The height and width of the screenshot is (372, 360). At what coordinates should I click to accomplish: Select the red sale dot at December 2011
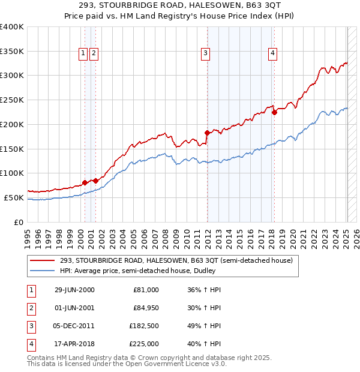[x=207, y=133]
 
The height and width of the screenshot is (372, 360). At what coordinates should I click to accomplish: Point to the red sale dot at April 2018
[x=274, y=112]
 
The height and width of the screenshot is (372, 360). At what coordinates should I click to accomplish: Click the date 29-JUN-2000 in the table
[x=74, y=290]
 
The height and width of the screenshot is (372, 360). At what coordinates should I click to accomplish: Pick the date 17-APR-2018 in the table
[x=74, y=344]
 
